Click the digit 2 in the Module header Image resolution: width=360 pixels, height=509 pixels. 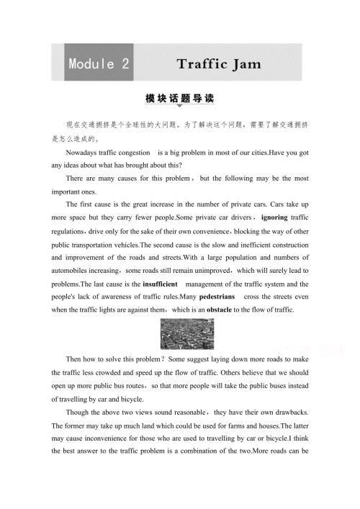[125, 63]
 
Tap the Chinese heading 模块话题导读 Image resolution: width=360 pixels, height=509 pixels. [179, 98]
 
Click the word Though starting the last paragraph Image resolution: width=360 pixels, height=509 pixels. [78, 420]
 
